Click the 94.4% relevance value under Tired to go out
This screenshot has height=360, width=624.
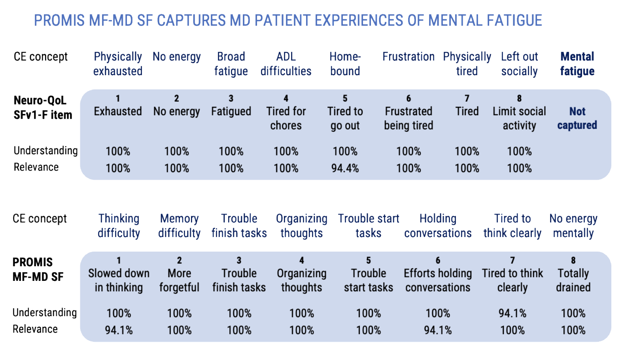(345, 168)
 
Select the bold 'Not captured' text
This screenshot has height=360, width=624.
(577, 118)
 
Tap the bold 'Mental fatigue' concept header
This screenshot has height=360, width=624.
(577, 64)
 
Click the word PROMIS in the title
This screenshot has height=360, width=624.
(59, 20)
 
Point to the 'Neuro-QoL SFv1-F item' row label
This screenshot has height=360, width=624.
(43, 108)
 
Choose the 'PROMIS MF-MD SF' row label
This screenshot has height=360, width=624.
(38, 269)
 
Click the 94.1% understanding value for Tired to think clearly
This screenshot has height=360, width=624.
(512, 313)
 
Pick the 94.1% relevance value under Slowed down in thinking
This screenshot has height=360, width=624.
(119, 330)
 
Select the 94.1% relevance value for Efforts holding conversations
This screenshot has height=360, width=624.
(438, 330)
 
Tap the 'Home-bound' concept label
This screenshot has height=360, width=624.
(345, 64)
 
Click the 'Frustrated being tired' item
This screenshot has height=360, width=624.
(408, 118)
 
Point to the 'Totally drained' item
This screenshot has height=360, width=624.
(573, 280)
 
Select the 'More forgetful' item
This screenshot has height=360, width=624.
(179, 280)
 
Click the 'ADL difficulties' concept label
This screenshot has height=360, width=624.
(286, 64)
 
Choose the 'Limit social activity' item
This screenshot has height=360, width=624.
(519, 118)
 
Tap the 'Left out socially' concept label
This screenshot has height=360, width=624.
(519, 64)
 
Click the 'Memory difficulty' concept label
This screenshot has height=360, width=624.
(179, 226)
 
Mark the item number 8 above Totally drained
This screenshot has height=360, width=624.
(573, 260)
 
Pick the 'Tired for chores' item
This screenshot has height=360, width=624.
(286, 118)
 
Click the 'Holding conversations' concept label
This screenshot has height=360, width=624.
(438, 226)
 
